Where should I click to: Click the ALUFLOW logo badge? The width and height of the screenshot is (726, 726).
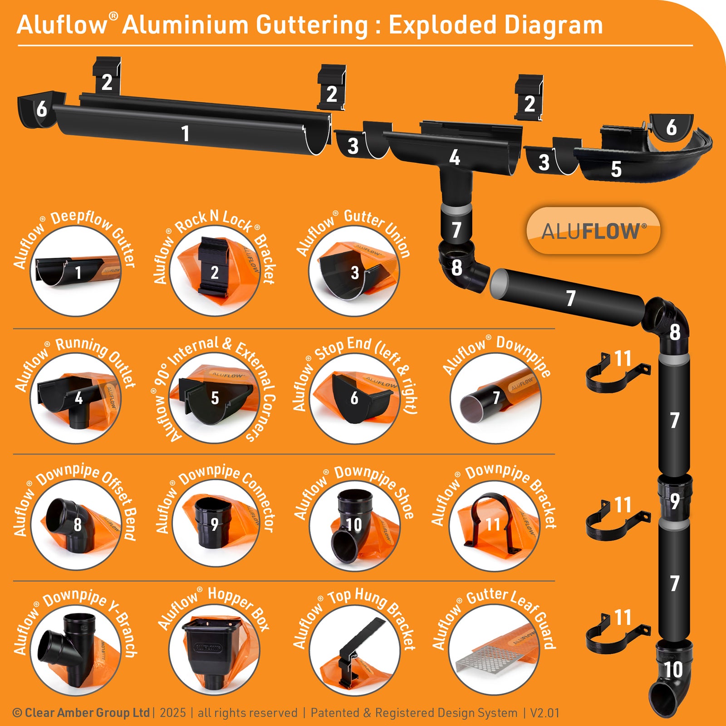(x=593, y=231)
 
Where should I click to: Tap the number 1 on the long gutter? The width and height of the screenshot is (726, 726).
(x=185, y=134)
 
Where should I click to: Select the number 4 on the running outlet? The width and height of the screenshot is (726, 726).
(x=455, y=158)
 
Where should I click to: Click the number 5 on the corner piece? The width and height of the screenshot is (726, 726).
(x=616, y=169)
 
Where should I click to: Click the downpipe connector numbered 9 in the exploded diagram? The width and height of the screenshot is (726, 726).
(x=675, y=499)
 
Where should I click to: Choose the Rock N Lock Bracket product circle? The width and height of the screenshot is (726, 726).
(x=215, y=271)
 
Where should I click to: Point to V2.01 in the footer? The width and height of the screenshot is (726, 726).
(x=544, y=713)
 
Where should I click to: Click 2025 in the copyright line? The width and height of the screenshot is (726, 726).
(x=173, y=713)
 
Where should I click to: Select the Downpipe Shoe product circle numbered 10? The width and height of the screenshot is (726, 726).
(x=354, y=525)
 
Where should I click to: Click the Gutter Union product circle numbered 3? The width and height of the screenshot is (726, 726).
(x=354, y=271)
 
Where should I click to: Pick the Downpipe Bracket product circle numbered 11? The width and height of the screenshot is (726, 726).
(x=495, y=525)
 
